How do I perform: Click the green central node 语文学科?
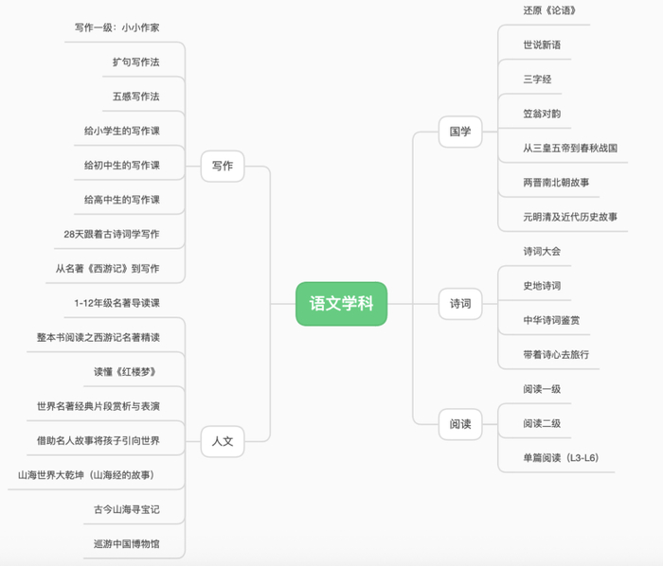tap(341, 304)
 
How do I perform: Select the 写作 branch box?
tap(223, 166)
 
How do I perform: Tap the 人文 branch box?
tap(223, 441)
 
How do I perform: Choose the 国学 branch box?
tap(460, 132)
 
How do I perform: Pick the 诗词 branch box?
tap(460, 304)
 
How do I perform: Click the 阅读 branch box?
tap(460, 424)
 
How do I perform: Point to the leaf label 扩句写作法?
tap(136, 62)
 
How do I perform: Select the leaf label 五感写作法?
tap(136, 97)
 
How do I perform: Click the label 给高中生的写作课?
tap(122, 200)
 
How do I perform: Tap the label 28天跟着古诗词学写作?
tap(112, 234)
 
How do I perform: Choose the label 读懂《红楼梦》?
tap(125, 372)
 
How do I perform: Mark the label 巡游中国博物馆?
tap(127, 543)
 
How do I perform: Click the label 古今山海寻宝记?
tap(127, 509)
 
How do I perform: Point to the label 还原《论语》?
tap(549, 10)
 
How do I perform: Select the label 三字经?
tap(537, 80)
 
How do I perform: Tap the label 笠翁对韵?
tap(542, 114)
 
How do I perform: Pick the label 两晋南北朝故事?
tap(556, 183)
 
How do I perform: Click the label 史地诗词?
tap(542, 286)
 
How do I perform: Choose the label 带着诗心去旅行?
tap(556, 354)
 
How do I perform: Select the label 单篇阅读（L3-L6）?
tap(561, 458)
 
